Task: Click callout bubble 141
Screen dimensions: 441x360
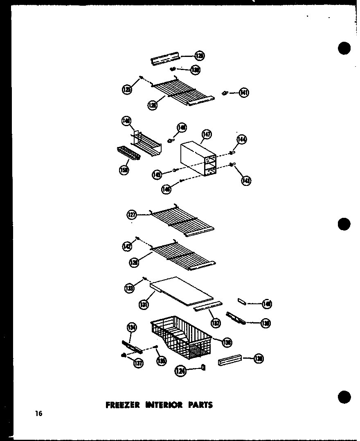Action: click(x=244, y=93)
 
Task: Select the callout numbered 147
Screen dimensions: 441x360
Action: click(x=207, y=134)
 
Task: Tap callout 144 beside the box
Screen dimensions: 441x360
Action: click(x=241, y=140)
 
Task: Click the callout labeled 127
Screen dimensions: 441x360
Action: click(x=132, y=214)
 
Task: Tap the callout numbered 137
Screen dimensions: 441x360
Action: click(x=139, y=363)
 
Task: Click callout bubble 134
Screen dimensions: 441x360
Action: click(x=132, y=327)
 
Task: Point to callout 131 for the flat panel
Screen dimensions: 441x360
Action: click(x=143, y=304)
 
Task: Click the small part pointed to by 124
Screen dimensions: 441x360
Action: click(x=203, y=368)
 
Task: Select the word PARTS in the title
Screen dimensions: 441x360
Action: click(x=200, y=405)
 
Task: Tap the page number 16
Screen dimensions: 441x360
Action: click(x=38, y=414)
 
